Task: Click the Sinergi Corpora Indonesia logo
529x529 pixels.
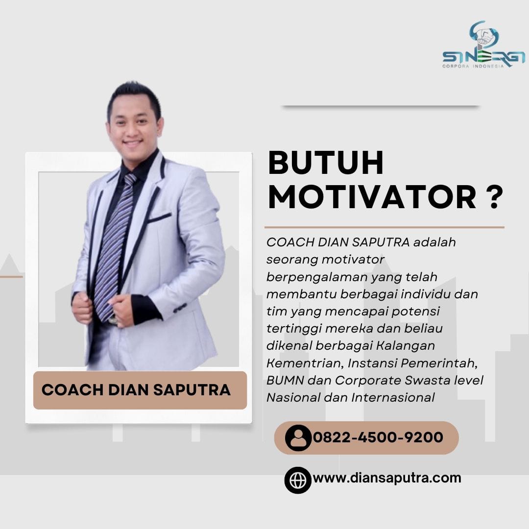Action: click(484, 45)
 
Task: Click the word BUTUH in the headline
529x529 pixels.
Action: click(326, 163)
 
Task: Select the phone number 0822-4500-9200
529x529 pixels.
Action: click(378, 437)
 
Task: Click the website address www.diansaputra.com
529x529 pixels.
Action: click(387, 478)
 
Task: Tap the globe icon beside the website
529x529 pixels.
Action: click(298, 480)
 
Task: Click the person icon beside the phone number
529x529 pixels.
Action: click(298, 438)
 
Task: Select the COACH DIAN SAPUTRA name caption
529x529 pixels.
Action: click(136, 390)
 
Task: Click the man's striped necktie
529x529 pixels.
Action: click(114, 246)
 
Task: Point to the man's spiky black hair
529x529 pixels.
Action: click(134, 98)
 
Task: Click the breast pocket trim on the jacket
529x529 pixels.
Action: click(159, 218)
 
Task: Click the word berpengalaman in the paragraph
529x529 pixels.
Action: click(316, 277)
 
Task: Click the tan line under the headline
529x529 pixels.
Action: click(385, 227)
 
